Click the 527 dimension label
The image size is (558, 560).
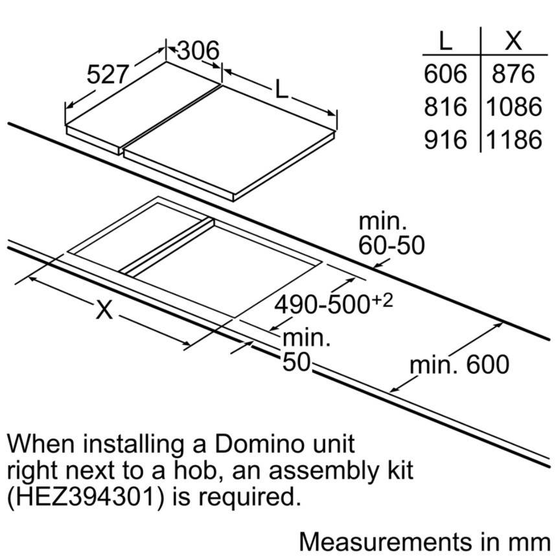pos(107,75)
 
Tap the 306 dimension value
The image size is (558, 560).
pos(198,51)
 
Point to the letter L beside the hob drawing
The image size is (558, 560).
pos(281,89)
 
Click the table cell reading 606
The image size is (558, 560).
pos(445,73)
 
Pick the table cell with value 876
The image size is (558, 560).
pos(513,73)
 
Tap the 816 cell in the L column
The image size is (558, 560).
pos(445,106)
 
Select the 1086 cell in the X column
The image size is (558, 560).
pos(514,106)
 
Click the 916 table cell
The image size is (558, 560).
pos(445,139)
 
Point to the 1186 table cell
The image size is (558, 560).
pos(514,139)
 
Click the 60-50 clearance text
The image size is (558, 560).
pos(391,245)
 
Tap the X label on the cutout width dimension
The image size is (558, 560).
pos(104,310)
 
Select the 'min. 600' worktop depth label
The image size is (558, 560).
pos(459,364)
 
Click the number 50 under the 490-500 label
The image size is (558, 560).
pos(296,362)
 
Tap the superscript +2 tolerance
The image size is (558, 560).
pos(382,300)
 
